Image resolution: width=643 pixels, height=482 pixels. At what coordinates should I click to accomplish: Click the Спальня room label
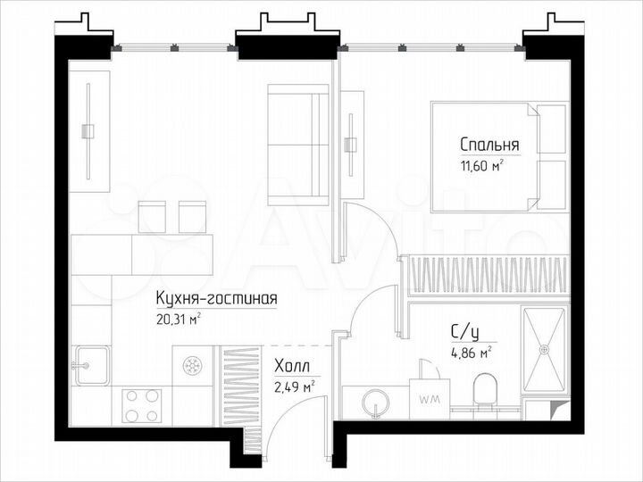coord(489,144)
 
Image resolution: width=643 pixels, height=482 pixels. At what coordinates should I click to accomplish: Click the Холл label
coord(292,366)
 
